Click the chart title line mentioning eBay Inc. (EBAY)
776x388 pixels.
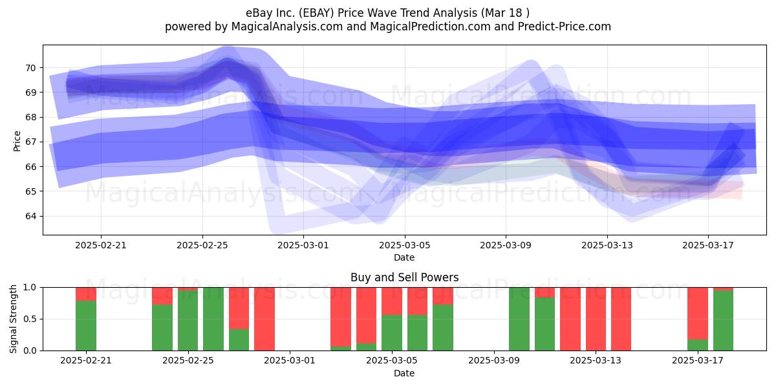point(387,13)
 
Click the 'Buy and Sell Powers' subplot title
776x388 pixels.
point(404,277)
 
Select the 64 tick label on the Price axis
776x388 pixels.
point(30,216)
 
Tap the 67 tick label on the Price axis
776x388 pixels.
point(30,142)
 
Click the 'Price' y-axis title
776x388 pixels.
point(17,141)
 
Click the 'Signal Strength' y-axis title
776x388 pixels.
point(13,319)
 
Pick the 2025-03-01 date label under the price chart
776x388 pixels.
point(303,245)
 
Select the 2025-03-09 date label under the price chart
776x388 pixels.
point(506,245)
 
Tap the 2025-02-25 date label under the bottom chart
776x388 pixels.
point(188,361)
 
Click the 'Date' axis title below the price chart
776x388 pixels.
point(404,257)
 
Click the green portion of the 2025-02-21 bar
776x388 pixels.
point(86,326)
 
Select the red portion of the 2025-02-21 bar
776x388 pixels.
point(86,294)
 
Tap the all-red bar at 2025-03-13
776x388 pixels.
point(596,319)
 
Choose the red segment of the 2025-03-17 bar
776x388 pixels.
point(698,314)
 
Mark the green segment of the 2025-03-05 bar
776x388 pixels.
point(392,332)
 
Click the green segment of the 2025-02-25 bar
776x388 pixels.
point(188,321)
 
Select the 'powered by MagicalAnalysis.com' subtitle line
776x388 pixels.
point(387,27)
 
